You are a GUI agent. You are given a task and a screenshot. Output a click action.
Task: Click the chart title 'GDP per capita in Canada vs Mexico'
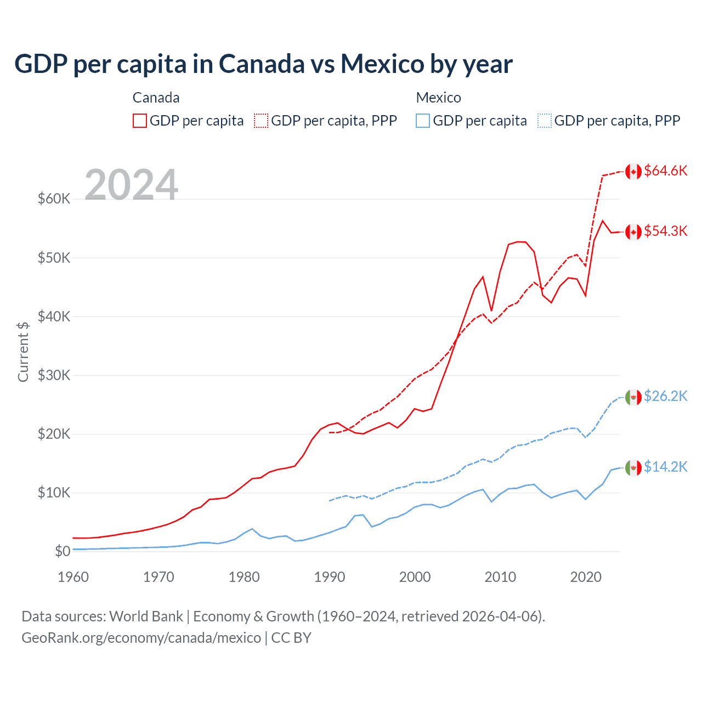click(x=263, y=64)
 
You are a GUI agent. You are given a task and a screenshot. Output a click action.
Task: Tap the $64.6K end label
click(x=665, y=171)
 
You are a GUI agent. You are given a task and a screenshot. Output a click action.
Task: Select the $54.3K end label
click(x=665, y=231)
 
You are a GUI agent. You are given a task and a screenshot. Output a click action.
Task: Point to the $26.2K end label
click(x=665, y=396)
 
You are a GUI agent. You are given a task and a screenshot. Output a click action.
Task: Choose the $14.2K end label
click(x=665, y=467)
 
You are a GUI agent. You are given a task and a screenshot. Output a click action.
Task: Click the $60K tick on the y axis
click(x=54, y=199)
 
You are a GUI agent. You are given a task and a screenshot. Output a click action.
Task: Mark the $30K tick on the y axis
click(x=54, y=375)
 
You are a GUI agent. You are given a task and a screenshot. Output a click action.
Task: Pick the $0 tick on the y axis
click(x=63, y=551)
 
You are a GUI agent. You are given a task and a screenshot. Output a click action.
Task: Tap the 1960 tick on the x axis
click(x=73, y=577)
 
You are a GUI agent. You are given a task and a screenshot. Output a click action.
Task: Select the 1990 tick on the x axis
click(x=330, y=577)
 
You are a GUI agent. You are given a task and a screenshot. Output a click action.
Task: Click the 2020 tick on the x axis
click(x=586, y=577)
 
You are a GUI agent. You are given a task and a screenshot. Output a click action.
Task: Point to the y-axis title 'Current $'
click(x=23, y=352)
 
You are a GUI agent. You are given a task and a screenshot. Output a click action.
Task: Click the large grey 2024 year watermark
click(x=131, y=185)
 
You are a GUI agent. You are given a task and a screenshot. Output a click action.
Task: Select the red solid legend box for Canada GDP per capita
click(x=140, y=121)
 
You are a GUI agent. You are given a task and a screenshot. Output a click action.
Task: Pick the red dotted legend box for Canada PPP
click(x=261, y=121)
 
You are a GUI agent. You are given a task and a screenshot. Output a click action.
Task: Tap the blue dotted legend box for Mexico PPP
click(x=545, y=121)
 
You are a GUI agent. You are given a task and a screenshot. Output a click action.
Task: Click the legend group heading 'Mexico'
click(x=438, y=98)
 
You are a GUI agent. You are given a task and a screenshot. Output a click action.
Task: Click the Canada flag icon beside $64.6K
click(x=633, y=171)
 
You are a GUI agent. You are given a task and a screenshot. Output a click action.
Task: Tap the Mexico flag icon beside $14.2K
click(x=633, y=467)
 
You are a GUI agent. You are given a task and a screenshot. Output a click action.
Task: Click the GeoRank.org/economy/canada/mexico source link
click(x=141, y=638)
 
